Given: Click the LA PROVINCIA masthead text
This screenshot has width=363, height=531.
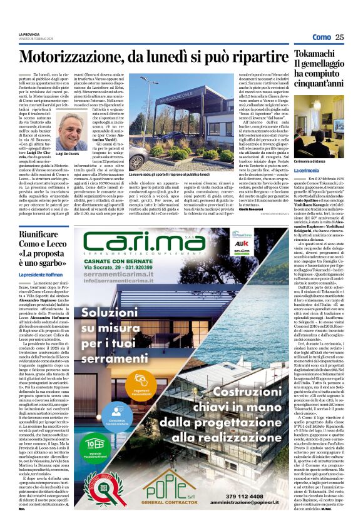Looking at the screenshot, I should coord(29,33).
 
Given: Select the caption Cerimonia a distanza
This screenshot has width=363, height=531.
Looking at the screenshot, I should coord(314,161).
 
